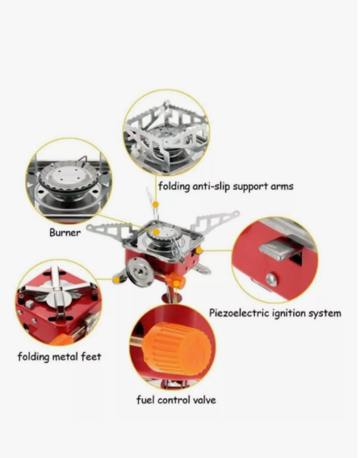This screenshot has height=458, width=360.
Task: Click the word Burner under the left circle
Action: tap(65, 233)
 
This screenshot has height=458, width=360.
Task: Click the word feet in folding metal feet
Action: tap(90, 356)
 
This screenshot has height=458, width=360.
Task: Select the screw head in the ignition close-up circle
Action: tap(271, 279)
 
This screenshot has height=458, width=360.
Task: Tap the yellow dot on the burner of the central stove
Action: tap(157, 232)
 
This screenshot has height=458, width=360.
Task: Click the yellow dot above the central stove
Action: tap(156, 204)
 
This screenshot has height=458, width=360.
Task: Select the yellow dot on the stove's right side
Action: tap(199, 250)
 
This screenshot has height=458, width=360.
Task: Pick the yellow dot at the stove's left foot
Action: tap(116, 279)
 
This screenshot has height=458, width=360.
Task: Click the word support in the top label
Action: tap(250, 187)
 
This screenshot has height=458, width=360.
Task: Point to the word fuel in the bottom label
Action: tap(145, 400)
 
